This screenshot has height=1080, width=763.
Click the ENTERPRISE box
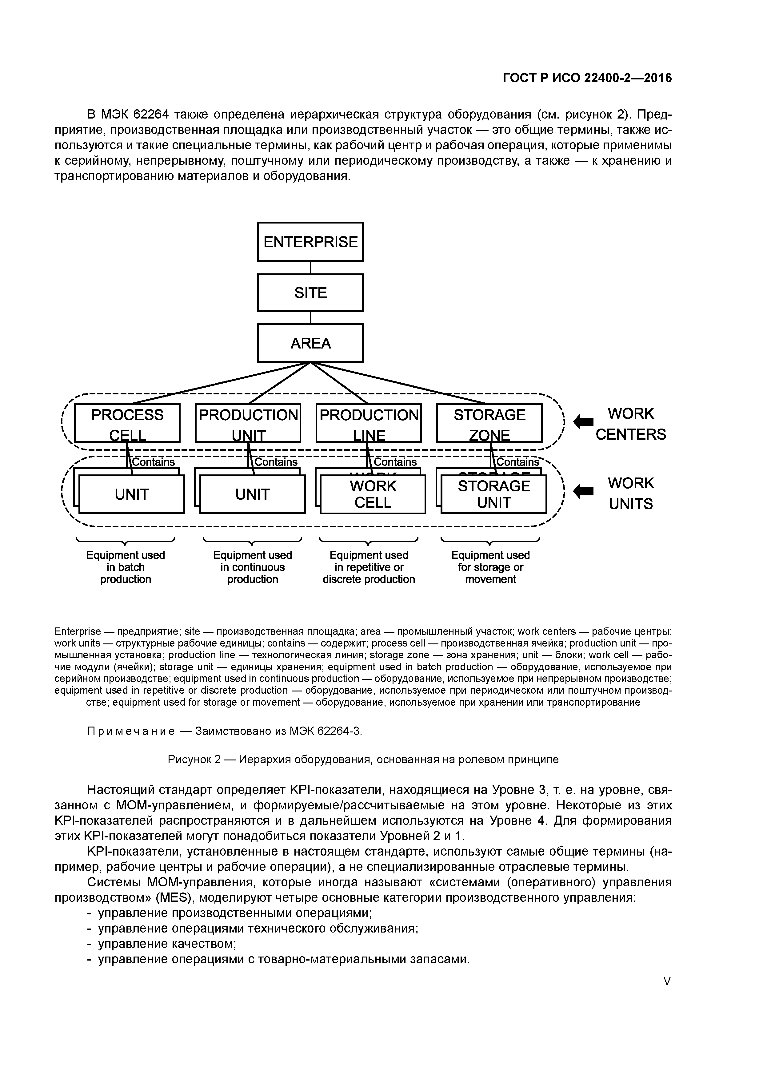pos(310,241)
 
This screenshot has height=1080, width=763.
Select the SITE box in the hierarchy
pos(310,292)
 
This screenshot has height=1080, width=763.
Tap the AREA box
pos(310,343)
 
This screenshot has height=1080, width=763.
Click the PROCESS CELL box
pos(127,423)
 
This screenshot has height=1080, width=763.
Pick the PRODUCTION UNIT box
pos(248,423)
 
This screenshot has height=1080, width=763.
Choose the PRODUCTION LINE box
pos(369,423)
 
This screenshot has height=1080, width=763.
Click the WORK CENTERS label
pos(630,424)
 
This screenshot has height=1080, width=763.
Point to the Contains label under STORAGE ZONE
pos(517,462)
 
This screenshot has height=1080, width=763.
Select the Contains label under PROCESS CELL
pos(153,462)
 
